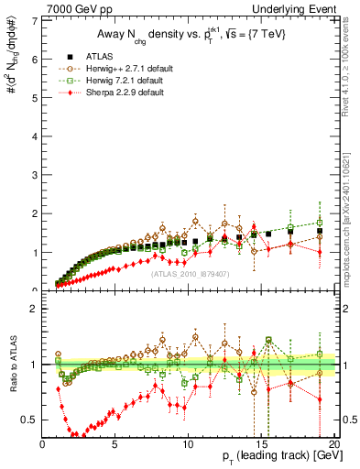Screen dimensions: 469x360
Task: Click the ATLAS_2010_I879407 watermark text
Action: (189, 274)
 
